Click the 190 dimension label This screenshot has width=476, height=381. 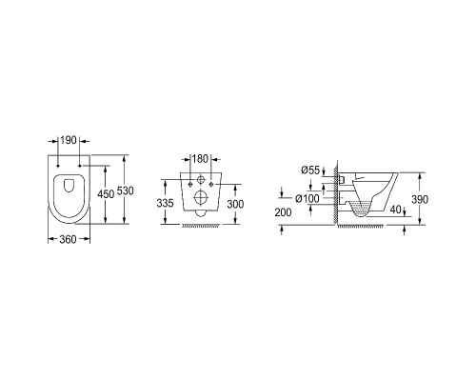point(69,140)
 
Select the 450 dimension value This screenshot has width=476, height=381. point(106,194)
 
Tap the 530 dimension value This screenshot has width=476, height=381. point(126,190)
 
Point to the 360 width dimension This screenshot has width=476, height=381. point(68,239)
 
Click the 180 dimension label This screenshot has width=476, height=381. point(201,159)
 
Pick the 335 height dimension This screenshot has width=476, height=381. point(165,203)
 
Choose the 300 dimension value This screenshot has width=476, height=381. point(235,204)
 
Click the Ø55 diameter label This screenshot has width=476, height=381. point(310,170)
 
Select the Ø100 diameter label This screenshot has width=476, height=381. point(307,199)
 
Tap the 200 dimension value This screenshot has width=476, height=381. point(283,212)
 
